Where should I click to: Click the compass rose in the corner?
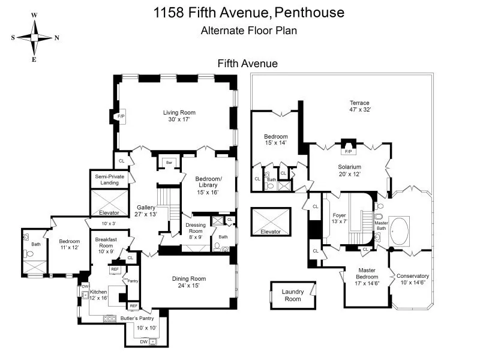(34, 37)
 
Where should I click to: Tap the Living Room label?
(179, 116)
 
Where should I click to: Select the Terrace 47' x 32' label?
(360, 106)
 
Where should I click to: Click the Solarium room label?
(349, 170)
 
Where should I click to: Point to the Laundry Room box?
(293, 295)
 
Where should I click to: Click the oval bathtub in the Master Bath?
(400, 229)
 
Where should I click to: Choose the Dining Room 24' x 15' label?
(189, 282)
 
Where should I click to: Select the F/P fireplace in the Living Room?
(121, 116)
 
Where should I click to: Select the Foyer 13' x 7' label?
(339, 218)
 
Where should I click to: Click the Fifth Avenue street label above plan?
(247, 63)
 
